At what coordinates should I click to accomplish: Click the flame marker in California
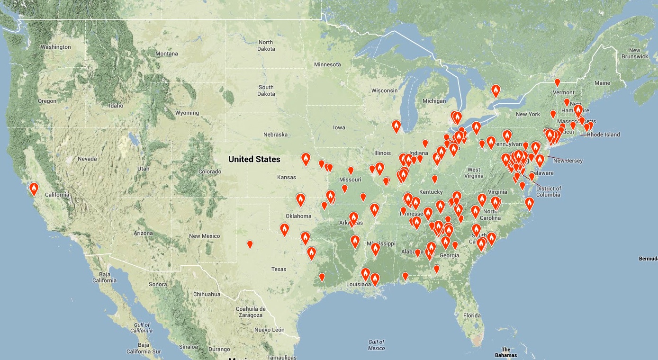click(34, 189)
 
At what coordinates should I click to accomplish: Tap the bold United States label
click(254, 159)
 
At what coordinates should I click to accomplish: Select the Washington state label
click(55, 47)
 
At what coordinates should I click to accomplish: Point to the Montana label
click(167, 54)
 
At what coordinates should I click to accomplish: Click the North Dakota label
click(266, 45)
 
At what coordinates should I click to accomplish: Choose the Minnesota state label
click(327, 64)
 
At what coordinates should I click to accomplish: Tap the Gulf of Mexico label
click(376, 345)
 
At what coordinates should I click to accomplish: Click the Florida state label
click(472, 315)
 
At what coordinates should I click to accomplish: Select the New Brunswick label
click(634, 54)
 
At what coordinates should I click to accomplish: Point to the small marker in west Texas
click(250, 244)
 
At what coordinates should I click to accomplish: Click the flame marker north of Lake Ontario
click(496, 90)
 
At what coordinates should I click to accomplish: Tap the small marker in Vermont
click(557, 82)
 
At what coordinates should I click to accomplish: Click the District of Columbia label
click(549, 191)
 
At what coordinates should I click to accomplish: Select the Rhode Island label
click(603, 135)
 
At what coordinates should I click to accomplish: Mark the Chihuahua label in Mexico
click(207, 294)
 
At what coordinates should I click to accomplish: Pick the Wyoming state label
click(187, 113)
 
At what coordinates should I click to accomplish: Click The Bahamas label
click(505, 352)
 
